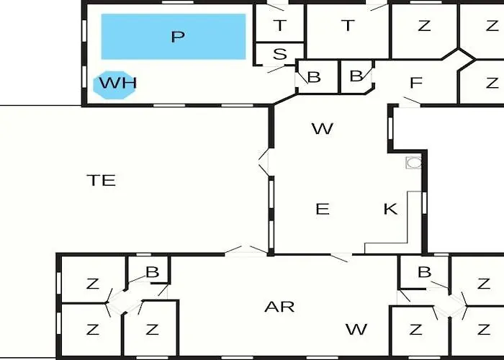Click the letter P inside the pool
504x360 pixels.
[178, 37]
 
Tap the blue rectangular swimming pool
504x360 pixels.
[174, 37]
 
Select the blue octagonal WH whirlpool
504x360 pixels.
[114, 85]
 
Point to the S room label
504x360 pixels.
[279, 54]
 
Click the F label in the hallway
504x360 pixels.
[416, 83]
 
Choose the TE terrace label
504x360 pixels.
[102, 180]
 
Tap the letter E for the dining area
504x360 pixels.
[323, 209]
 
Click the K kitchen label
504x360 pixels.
[390, 209]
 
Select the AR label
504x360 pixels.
[279, 307]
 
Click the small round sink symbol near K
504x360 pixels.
[414, 163]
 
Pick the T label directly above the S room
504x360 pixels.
[280, 25]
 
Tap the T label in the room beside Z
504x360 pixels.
[348, 25]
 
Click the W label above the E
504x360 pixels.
[323, 129]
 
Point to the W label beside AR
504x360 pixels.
[356, 330]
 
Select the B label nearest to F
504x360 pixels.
[356, 76]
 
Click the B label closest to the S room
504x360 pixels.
[314, 77]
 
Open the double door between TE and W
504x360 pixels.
[264, 162]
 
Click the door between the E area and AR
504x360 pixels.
[341, 257]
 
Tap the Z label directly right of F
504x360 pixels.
[492, 83]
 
